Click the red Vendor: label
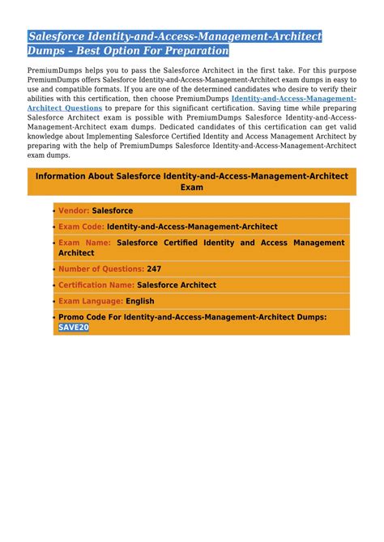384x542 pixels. [x=74, y=210]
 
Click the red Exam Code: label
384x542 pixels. [x=81, y=227]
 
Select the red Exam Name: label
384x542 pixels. [x=84, y=242]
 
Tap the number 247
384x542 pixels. [x=154, y=269]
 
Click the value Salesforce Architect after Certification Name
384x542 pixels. [x=177, y=285]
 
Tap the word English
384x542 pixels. [x=139, y=301]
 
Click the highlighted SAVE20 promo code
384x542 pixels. [x=74, y=328]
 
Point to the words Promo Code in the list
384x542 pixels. [x=84, y=317]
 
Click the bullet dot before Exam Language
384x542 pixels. [x=54, y=302]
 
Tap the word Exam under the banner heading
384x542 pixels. [x=192, y=187]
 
